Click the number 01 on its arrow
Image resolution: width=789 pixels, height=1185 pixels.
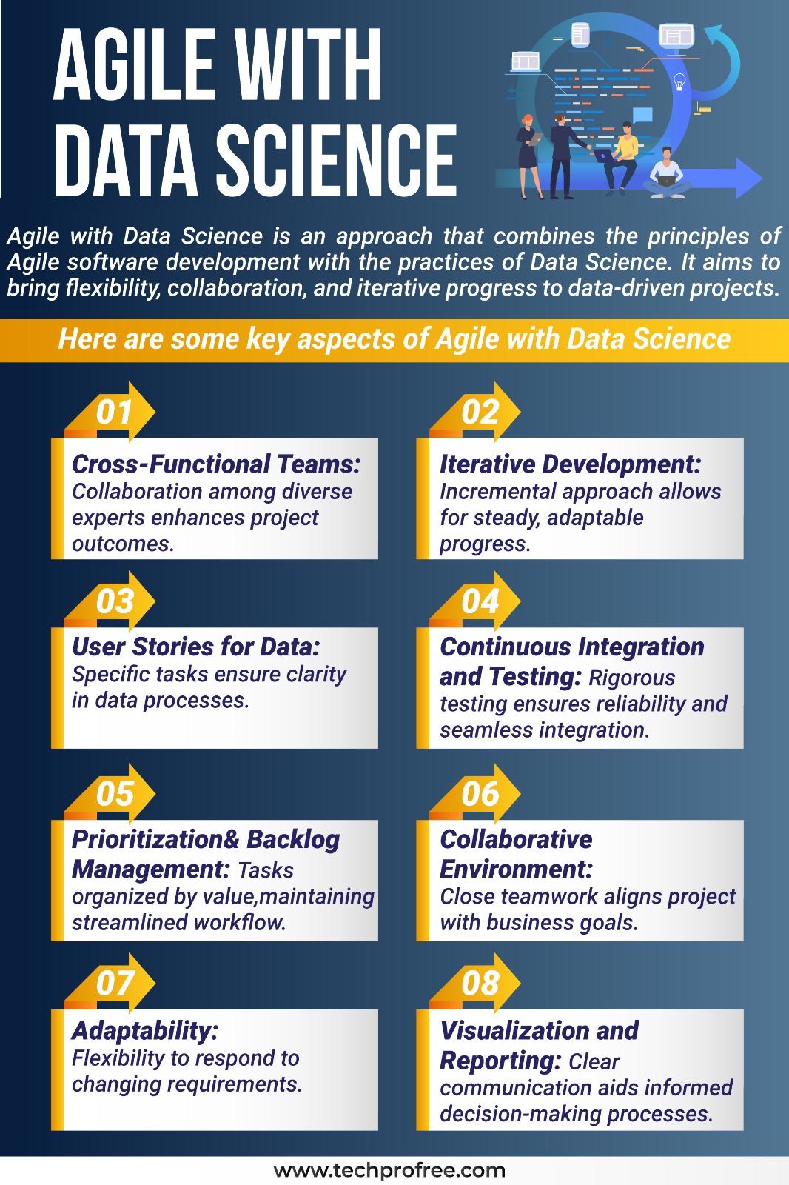tap(114, 412)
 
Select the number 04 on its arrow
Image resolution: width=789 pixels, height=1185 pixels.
tap(480, 601)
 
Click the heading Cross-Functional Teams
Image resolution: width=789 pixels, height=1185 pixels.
tap(216, 464)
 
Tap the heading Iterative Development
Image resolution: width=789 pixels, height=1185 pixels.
tap(571, 464)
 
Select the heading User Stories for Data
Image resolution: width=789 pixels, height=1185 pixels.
tap(195, 647)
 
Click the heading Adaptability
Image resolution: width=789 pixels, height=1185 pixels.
tap(145, 1031)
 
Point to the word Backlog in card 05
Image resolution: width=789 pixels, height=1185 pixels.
tap(293, 840)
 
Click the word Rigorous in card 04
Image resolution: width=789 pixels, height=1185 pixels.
tap(632, 678)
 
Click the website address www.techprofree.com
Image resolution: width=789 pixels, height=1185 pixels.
tap(389, 1169)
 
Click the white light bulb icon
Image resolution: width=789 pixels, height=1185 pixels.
tap(679, 82)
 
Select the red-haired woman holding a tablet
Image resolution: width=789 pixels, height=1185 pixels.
tap(530, 156)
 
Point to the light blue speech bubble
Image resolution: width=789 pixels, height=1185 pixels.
tap(642, 116)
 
